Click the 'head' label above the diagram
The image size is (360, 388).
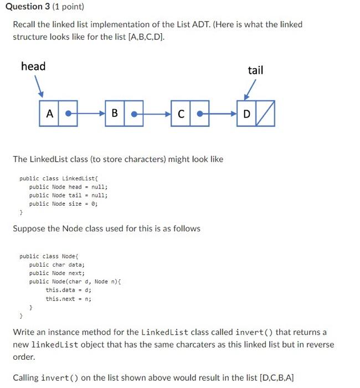pos(33,67)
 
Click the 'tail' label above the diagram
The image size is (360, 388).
pos(255,70)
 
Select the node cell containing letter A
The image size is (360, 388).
pos(49,114)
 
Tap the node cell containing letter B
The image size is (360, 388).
pos(115,114)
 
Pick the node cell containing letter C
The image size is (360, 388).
pos(181,114)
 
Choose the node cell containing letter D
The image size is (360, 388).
pos(246,114)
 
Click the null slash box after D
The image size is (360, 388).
pos(265,114)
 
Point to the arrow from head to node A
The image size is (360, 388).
pos(38,86)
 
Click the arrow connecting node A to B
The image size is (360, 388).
pos(86,114)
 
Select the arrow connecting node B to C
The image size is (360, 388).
pos(152,114)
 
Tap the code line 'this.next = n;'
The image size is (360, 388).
pos(69,299)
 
